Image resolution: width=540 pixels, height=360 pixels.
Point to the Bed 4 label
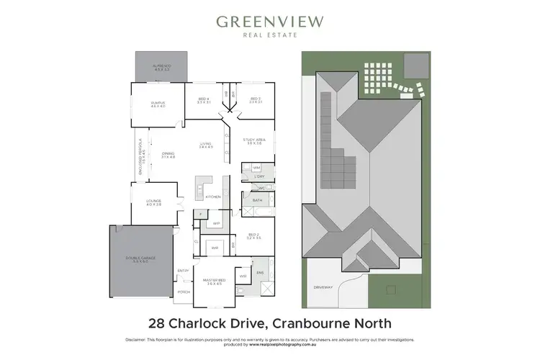pos(203,100)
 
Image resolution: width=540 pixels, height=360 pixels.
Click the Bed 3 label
pos(255,100)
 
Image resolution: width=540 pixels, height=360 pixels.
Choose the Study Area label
pos(256,142)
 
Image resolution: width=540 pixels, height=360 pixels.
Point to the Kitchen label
pos(212,197)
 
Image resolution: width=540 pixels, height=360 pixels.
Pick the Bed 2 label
pos(253,235)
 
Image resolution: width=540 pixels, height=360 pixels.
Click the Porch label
pos(184,292)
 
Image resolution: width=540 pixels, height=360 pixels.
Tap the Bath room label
pos(257,200)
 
